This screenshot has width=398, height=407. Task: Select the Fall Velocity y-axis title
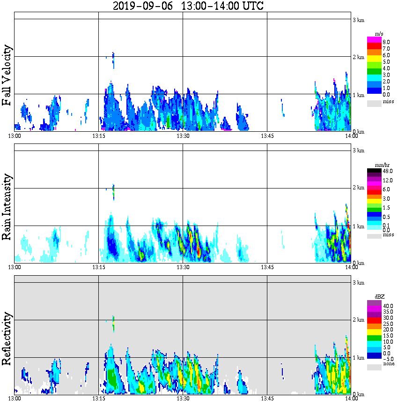coord(7,75)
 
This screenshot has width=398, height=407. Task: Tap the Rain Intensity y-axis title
coord(7,206)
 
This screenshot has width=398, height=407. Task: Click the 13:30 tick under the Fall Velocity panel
coord(183,136)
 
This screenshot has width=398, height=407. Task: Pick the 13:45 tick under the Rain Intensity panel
coord(267,267)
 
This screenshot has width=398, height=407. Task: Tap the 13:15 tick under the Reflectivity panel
coord(98,399)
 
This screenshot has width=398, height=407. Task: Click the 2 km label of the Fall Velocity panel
coord(359,57)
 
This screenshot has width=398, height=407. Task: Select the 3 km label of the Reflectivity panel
coord(359,283)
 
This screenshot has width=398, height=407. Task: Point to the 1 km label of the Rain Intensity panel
coord(359,226)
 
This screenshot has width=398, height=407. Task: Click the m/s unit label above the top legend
coord(380,34)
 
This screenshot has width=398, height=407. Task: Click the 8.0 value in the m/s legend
coord(386,42)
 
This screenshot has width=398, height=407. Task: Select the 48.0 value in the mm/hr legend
coord(387,171)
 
